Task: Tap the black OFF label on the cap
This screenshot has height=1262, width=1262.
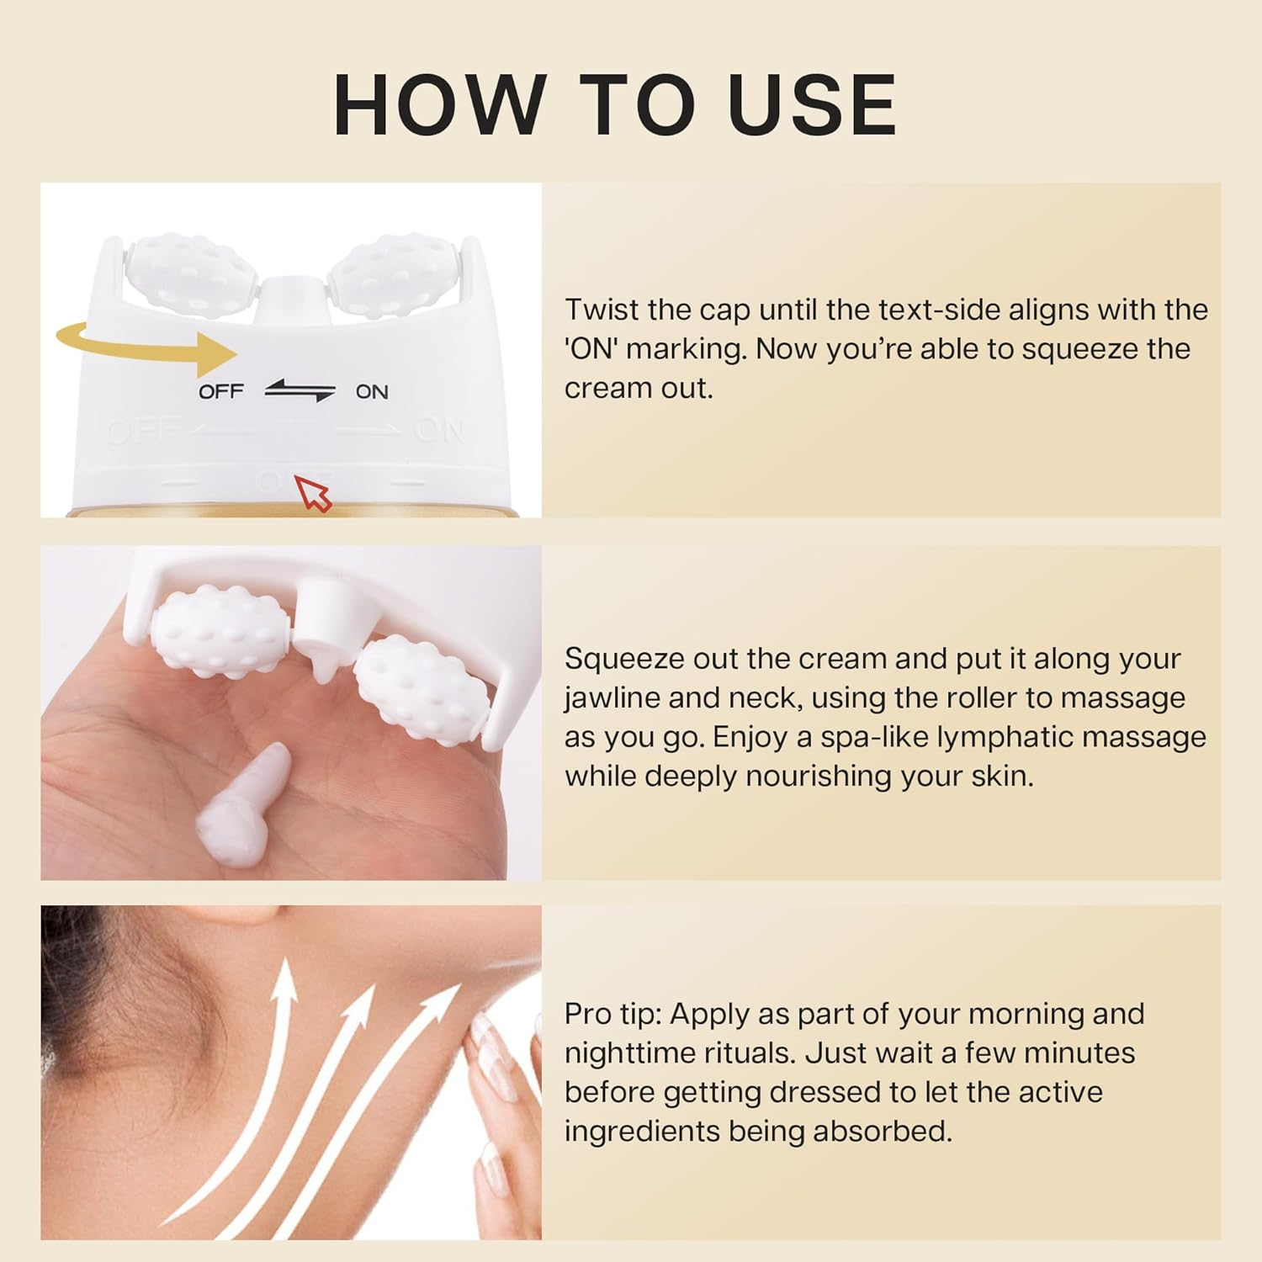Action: (220, 391)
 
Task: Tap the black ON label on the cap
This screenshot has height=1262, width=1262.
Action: (371, 391)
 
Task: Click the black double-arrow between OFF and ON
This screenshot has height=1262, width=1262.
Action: (300, 391)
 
